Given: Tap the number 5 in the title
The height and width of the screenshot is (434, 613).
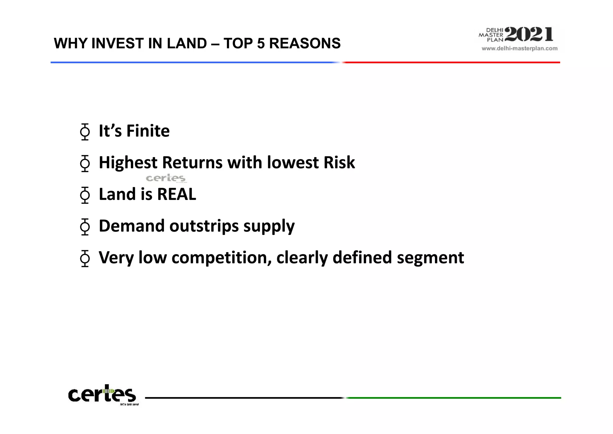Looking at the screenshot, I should coord(261,43).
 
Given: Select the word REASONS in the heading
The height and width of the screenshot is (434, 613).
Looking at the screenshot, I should coord(305,43).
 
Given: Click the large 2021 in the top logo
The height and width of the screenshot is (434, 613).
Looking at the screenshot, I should coord(529,34).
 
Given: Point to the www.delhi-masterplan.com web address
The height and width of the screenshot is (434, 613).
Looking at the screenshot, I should coord(519,49).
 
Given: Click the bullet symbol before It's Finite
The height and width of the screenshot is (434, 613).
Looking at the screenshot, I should coord(85,132).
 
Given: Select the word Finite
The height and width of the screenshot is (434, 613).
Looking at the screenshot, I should coord(148,131).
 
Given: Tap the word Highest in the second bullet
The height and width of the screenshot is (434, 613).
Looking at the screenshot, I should coord(128,163).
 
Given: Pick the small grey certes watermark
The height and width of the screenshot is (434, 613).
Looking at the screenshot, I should coord(166,178).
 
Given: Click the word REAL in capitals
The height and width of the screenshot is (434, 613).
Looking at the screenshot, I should coord(177,194).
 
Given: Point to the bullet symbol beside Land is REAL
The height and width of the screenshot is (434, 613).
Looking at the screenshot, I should coord(85,195).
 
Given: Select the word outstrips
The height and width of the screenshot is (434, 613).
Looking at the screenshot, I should coord(204,226).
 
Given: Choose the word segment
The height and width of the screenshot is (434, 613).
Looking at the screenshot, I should coord(430,258).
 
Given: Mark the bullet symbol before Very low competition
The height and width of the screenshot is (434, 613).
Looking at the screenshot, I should coord(85,258).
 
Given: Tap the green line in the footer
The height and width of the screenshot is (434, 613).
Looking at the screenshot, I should coord(453,398).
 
